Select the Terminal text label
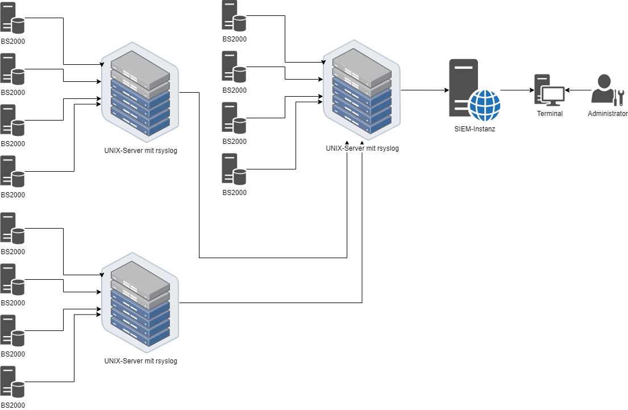coord(550,114)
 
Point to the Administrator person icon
coord(602,90)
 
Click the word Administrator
coord(608,114)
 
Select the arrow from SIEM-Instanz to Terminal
coord(517,90)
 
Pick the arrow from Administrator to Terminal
coord(577,90)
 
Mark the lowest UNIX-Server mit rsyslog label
coord(141,361)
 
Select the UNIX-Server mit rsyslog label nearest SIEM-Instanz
coord(363,148)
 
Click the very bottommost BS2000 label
coord(13,405)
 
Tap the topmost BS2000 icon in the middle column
coord(234,16)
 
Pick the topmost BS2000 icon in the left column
coord(13,18)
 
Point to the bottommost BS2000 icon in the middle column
coord(234,169)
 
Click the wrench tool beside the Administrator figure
coord(619,97)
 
